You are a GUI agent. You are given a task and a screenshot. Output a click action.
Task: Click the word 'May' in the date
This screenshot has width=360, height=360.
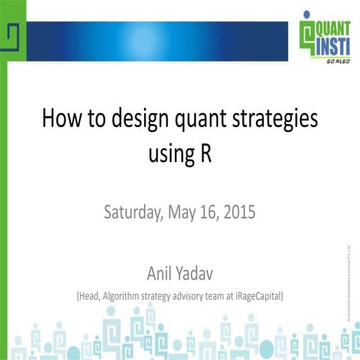(x=180, y=212)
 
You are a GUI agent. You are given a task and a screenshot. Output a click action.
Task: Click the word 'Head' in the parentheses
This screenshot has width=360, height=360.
(x=91, y=296)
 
